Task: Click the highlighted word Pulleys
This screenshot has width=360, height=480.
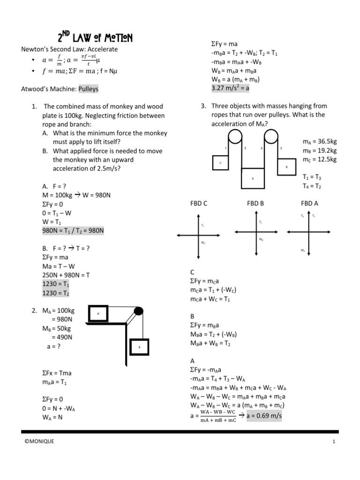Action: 89,89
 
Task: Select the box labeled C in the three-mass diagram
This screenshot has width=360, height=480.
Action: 220,162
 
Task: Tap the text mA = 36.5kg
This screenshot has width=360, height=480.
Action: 320,141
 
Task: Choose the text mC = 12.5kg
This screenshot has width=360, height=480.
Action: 320,159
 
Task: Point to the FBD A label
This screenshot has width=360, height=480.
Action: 309,204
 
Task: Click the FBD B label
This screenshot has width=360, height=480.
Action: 256,204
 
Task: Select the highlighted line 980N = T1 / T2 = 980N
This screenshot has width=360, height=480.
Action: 73,230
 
